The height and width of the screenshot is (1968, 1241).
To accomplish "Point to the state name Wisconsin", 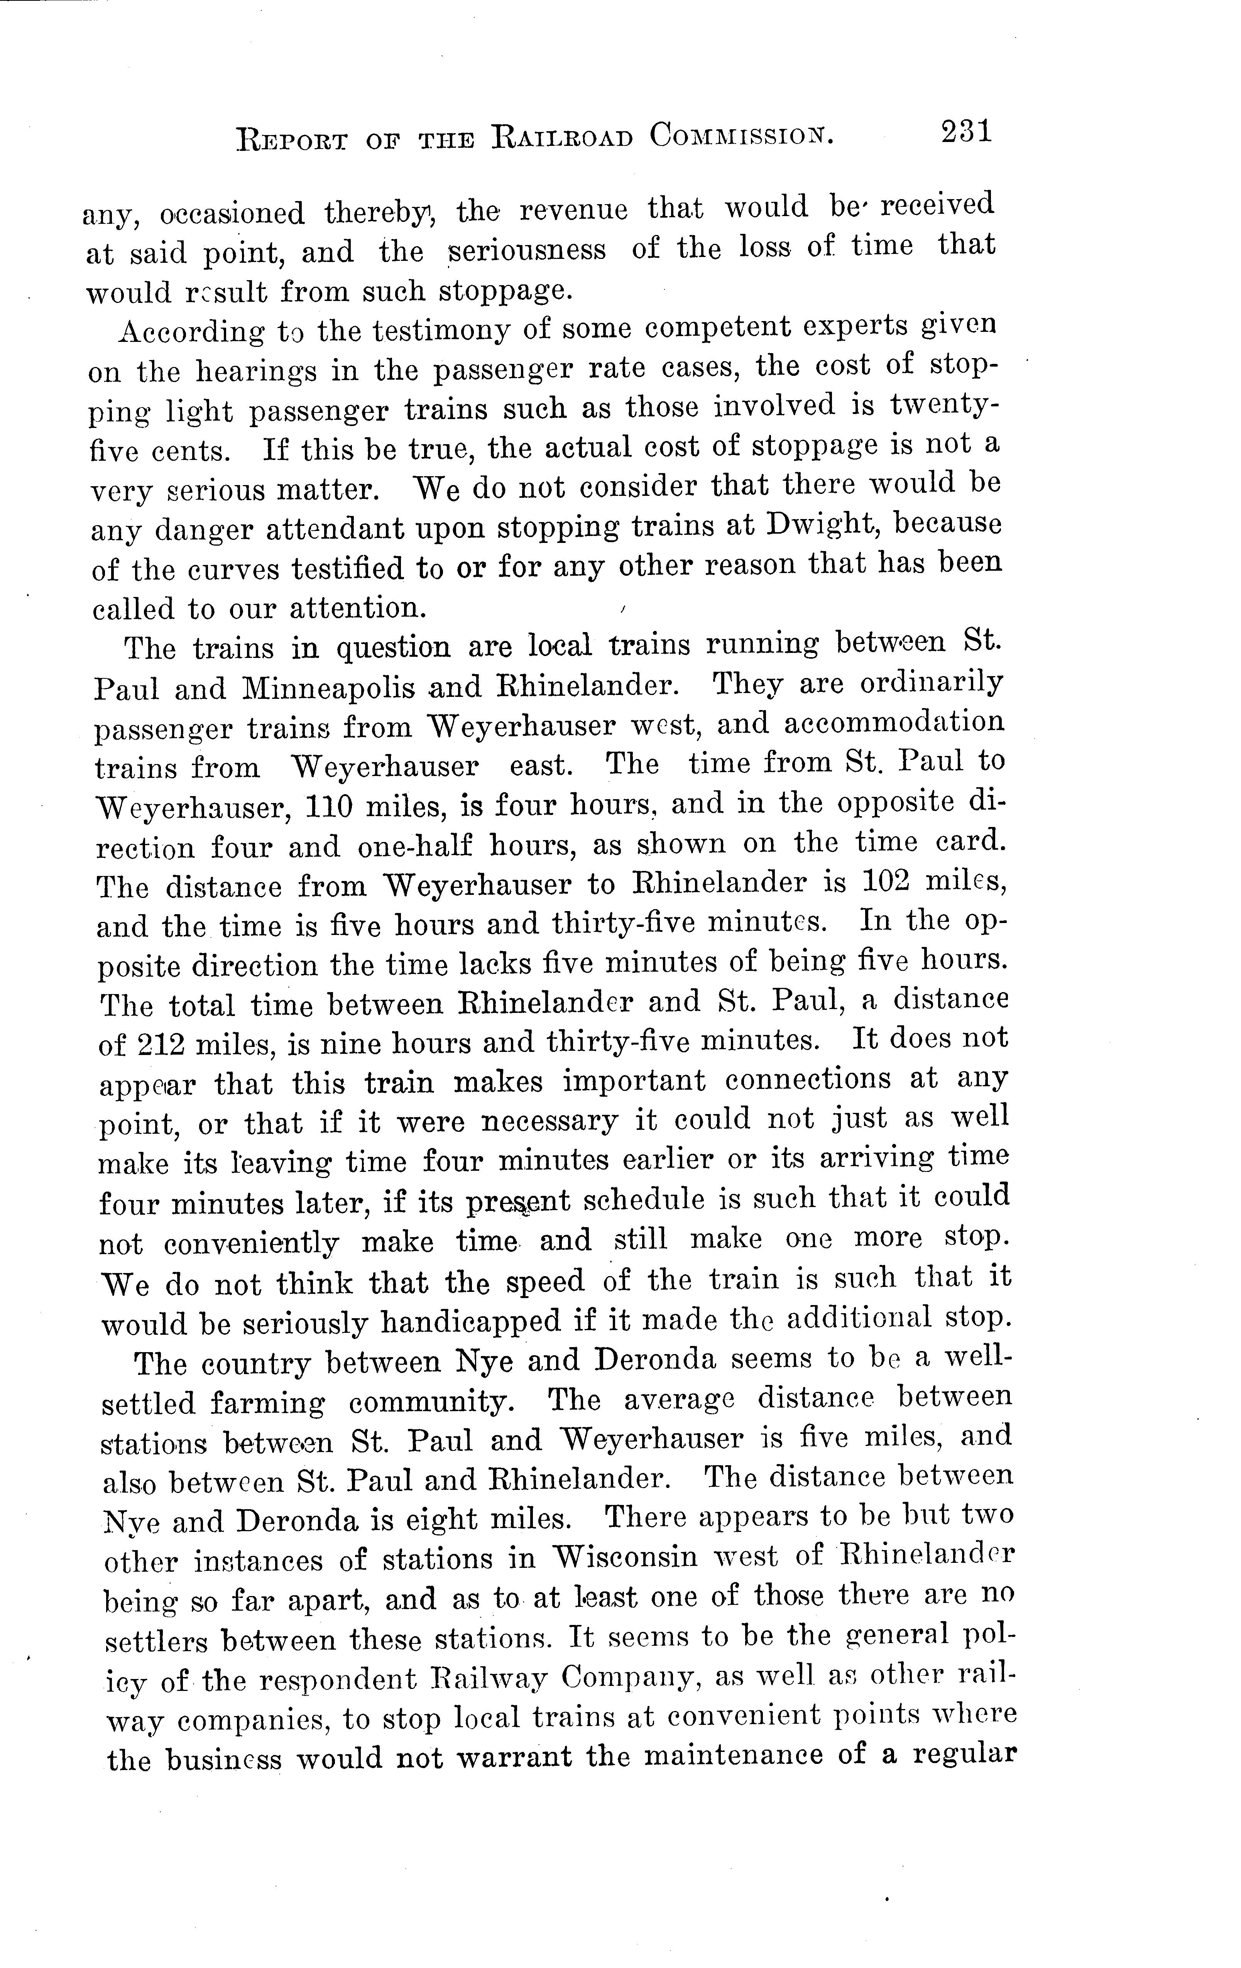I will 625,1557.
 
